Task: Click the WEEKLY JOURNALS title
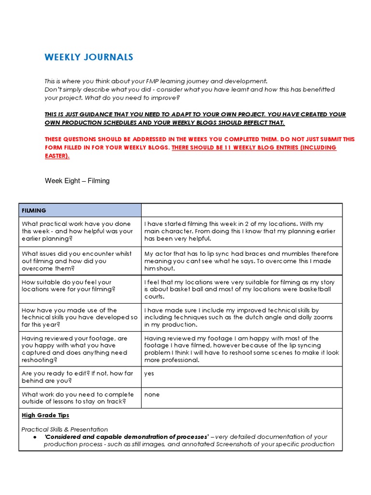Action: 89,58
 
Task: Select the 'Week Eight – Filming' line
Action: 77,181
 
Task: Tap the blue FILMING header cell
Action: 80,210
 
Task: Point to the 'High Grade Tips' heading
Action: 45,415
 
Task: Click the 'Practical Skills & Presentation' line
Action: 65,429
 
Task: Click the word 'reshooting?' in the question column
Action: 39,360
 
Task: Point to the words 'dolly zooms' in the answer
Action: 314,318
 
